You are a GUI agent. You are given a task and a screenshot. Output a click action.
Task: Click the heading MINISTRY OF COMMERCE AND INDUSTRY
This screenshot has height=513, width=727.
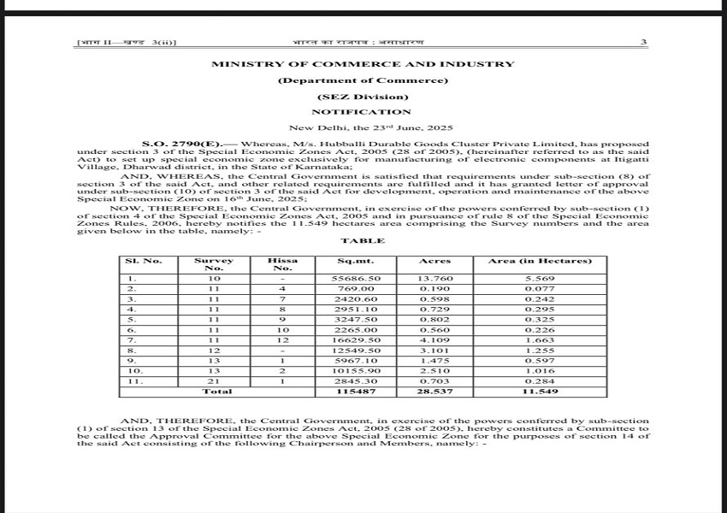(x=363, y=64)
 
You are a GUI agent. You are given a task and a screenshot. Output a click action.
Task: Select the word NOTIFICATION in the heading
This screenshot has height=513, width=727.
(x=361, y=112)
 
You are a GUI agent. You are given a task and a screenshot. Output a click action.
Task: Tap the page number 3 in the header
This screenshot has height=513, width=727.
(x=643, y=42)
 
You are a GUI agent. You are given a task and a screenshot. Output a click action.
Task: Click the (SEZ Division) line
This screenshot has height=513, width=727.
(x=363, y=97)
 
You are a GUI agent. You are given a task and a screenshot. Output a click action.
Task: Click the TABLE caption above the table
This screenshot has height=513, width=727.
(x=363, y=241)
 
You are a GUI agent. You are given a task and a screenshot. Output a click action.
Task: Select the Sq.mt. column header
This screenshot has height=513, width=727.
(x=356, y=261)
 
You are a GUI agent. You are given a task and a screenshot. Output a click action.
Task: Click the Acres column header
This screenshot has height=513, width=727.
(x=434, y=261)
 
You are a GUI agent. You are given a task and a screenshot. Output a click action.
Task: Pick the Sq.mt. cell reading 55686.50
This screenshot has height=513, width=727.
(x=356, y=280)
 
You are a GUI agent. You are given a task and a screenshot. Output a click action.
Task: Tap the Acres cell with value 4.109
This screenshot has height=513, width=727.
(x=434, y=340)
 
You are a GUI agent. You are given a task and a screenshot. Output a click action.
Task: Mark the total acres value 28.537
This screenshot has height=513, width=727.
(x=434, y=391)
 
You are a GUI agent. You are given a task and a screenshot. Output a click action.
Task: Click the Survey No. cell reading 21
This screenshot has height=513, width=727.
(x=215, y=380)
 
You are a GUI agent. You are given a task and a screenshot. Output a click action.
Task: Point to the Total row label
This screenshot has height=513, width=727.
(x=216, y=391)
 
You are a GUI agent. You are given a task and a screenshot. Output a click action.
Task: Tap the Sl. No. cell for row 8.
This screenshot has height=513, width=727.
(x=132, y=351)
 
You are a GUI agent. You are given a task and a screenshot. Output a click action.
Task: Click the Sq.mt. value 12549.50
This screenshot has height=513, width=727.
(x=356, y=351)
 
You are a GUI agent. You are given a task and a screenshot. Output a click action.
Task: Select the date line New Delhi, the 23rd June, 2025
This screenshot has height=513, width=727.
(x=363, y=127)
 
